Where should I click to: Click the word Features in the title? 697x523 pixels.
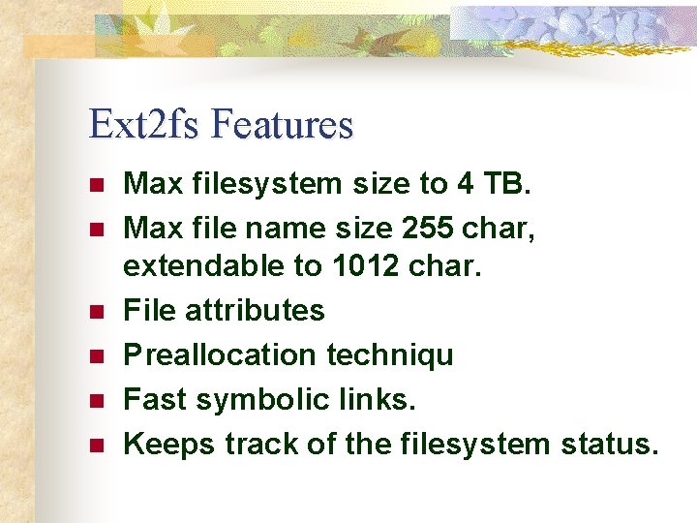click(x=282, y=124)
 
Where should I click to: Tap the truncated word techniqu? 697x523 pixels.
click(x=389, y=355)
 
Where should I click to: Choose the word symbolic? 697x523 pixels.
click(x=250, y=399)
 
